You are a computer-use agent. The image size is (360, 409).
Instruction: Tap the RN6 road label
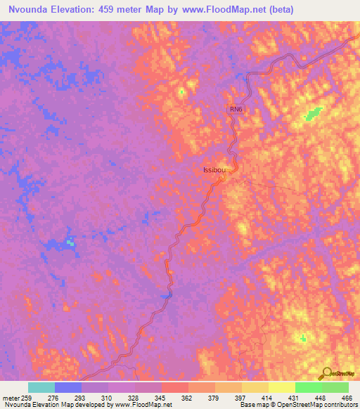(x=235, y=109)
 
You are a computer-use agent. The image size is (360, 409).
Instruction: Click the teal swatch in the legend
(x=41, y=387)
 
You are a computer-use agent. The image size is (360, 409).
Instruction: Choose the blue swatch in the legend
(x=68, y=387)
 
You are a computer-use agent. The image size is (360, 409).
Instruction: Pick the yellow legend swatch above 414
(x=282, y=387)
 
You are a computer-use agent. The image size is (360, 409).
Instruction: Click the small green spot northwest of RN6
(x=181, y=91)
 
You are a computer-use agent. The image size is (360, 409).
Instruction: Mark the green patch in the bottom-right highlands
(x=303, y=338)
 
